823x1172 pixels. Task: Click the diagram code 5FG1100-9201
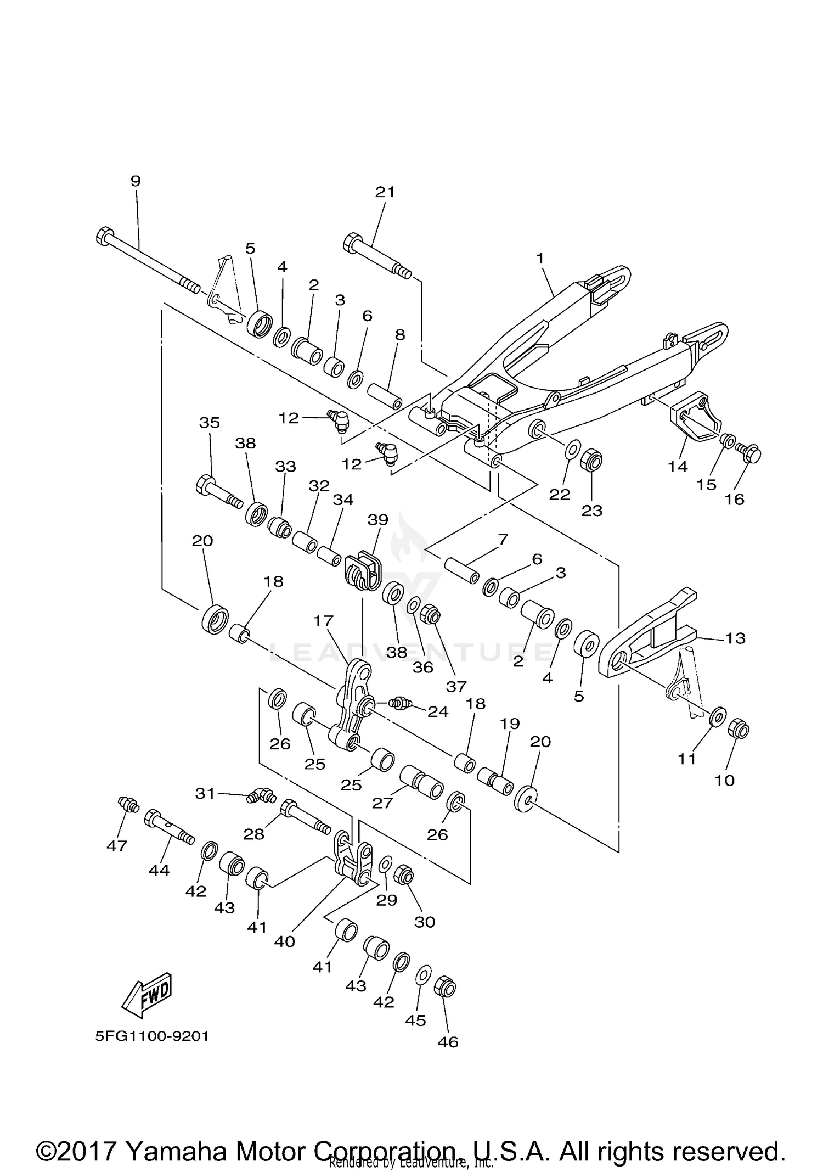(x=152, y=1036)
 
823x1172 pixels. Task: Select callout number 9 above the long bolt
(x=136, y=181)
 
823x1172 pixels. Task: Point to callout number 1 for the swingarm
(x=540, y=257)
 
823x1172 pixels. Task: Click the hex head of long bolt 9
(x=105, y=237)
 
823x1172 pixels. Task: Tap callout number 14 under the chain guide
(x=678, y=467)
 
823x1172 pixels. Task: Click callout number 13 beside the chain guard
(x=735, y=638)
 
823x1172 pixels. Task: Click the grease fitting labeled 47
(x=129, y=805)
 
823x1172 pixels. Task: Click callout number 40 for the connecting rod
(x=285, y=941)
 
